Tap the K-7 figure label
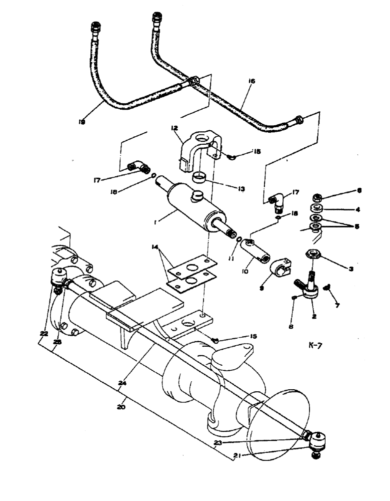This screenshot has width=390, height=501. pyautogui.click(x=317, y=345)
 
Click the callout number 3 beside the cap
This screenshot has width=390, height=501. pyautogui.click(x=350, y=269)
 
